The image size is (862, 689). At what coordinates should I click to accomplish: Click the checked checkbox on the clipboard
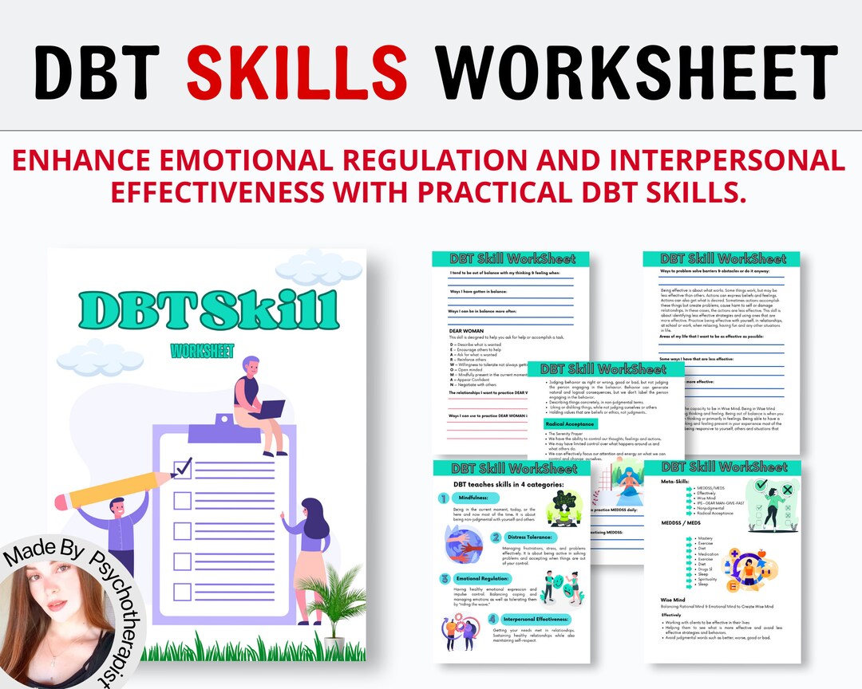point(183,467)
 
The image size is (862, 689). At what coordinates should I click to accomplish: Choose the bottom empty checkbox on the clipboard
point(183,592)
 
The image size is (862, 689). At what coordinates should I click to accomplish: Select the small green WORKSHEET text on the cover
point(203,351)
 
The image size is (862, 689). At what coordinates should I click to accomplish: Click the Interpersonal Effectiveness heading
point(536,619)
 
